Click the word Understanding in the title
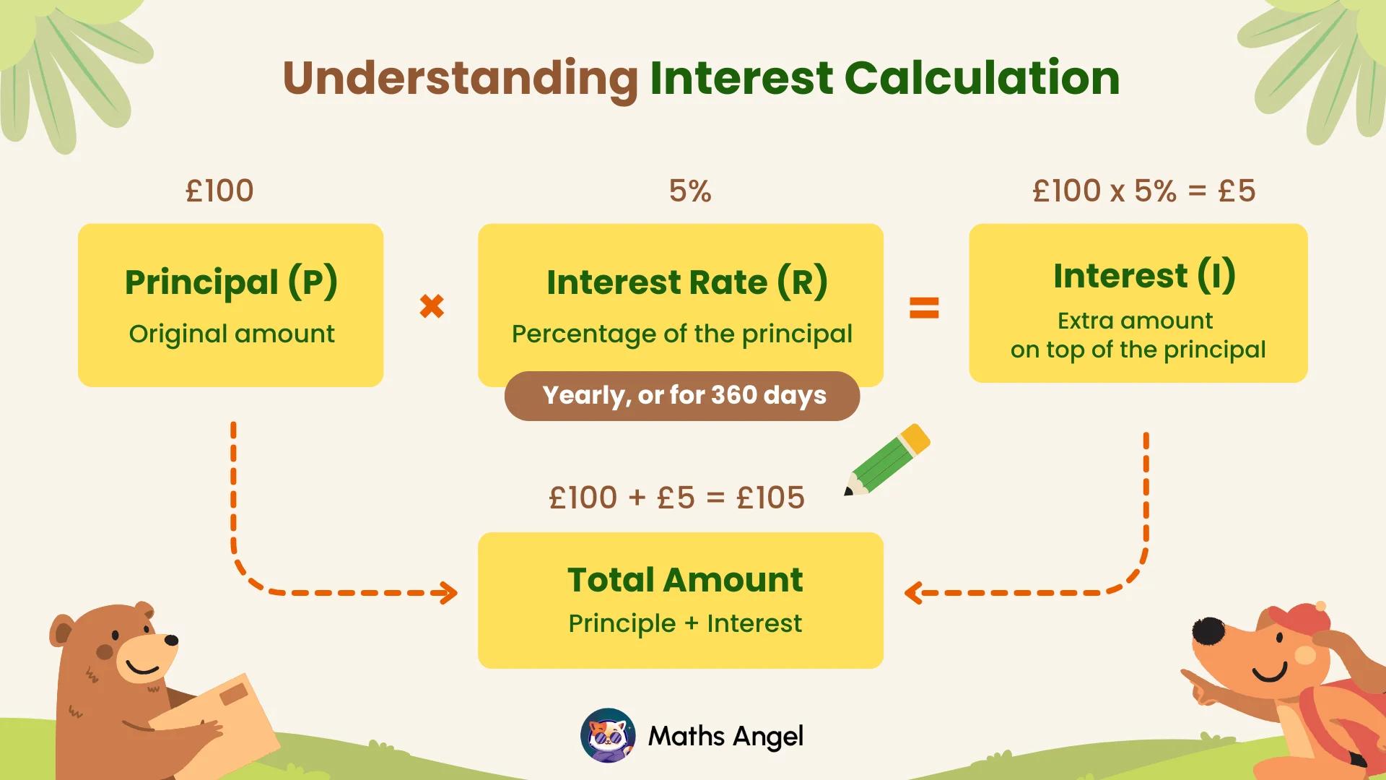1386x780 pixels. pos(460,78)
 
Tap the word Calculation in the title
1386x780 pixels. pos(982,78)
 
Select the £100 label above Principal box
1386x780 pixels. pos(219,191)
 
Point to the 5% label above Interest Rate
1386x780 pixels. pos(690,191)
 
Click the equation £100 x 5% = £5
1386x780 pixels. pos(1144,191)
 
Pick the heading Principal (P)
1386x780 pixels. pos(231,282)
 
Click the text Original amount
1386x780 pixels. pos(231,334)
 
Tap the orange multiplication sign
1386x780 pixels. pos(432,306)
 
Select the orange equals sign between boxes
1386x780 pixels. pos(924,308)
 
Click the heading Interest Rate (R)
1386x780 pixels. pos(687,282)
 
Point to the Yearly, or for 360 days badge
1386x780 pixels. pos(682,396)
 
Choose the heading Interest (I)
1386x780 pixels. pos(1144,275)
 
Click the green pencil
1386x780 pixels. pos(889,460)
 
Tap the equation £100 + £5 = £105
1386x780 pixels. pos(676,498)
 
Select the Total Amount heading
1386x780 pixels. pos(685,580)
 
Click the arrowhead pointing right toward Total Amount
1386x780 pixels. pos(450,593)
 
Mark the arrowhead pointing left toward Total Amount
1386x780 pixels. pos(912,593)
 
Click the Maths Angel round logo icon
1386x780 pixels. pos(608,736)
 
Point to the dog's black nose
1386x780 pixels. pos(1208,630)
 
